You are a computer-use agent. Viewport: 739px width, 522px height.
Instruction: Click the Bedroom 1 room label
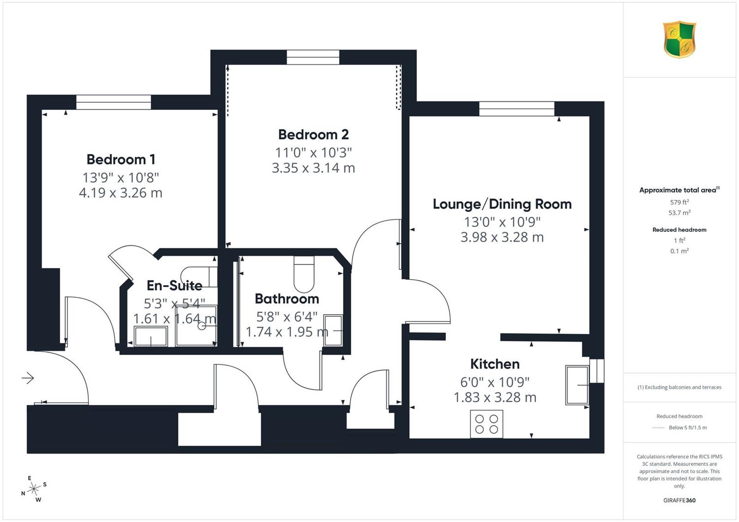(121, 160)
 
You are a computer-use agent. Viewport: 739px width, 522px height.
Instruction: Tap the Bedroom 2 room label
(313, 134)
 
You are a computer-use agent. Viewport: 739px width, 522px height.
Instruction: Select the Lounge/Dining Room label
(502, 204)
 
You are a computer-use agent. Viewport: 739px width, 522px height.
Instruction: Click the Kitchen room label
(495, 364)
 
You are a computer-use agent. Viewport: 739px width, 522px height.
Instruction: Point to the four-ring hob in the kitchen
(487, 424)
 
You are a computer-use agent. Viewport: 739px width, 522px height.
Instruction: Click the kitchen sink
(577, 385)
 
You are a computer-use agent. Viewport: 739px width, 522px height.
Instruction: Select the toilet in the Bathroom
(304, 274)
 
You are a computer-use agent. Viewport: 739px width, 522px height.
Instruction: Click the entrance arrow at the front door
(28, 378)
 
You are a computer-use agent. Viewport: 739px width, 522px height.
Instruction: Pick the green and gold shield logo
(679, 39)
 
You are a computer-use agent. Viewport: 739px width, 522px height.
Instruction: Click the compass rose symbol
(34, 489)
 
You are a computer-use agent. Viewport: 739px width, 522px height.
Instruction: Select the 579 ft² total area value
(679, 202)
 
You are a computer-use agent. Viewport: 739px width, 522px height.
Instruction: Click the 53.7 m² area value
(679, 213)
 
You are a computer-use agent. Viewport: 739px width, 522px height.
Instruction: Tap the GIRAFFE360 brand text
(679, 500)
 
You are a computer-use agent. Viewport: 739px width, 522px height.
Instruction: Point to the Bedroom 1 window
(114, 102)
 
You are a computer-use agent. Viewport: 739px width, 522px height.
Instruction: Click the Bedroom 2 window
(313, 58)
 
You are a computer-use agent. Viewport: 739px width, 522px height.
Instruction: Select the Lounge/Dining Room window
(517, 109)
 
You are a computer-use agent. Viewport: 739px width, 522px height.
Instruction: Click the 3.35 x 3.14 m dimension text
(313, 168)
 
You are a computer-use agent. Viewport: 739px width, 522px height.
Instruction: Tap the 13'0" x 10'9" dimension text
(502, 222)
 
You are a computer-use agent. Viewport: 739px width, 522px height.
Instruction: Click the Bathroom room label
(287, 299)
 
